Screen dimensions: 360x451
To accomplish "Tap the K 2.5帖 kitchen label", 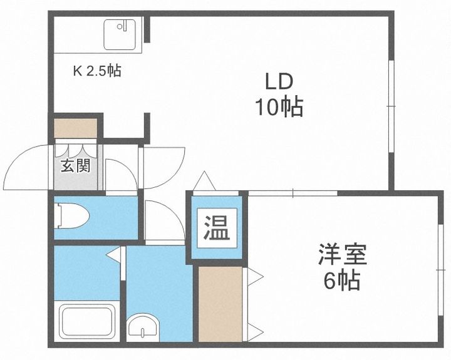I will click(x=96, y=71).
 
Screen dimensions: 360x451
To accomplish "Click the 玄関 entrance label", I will click(x=75, y=167).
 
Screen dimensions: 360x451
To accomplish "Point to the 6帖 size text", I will click(x=341, y=281).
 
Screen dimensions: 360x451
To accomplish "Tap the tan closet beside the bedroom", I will click(x=220, y=303).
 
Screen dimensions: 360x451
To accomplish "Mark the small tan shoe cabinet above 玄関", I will click(x=75, y=128).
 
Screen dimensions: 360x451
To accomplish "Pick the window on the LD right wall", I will click(x=391, y=106).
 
